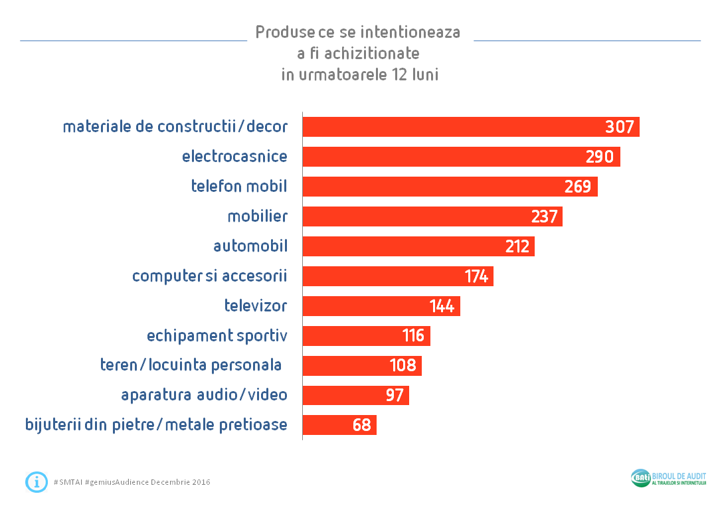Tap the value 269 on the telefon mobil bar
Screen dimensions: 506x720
pyautogui.click(x=577, y=187)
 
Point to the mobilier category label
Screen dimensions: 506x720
pyautogui.click(x=257, y=216)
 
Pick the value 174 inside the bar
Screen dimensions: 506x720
pyautogui.click(x=476, y=276)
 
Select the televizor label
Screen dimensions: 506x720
pyautogui.click(x=256, y=306)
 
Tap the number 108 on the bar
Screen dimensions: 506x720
pyautogui.click(x=403, y=366)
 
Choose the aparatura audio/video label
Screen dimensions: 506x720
pyautogui.click(x=204, y=395)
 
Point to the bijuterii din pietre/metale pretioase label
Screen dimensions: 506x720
pyautogui.click(x=156, y=425)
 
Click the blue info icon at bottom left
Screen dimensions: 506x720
pyautogui.click(x=36, y=481)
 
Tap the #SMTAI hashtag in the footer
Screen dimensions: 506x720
pyautogui.click(x=68, y=482)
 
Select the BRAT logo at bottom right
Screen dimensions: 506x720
pyautogui.click(x=641, y=478)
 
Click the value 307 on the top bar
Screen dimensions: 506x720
pyautogui.click(x=619, y=127)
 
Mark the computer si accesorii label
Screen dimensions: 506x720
pyautogui.click(x=209, y=276)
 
